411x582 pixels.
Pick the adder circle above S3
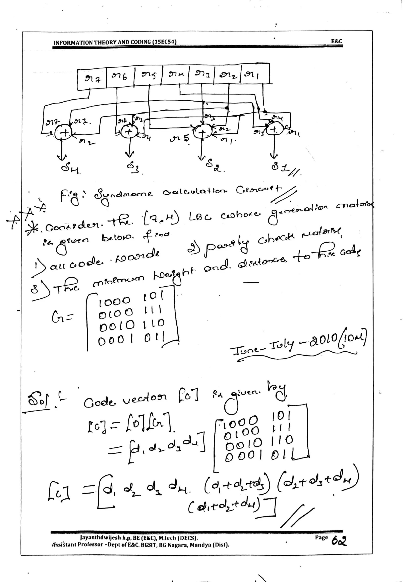point(129,132)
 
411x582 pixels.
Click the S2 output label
point(213,166)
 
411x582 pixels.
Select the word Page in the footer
point(321,537)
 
